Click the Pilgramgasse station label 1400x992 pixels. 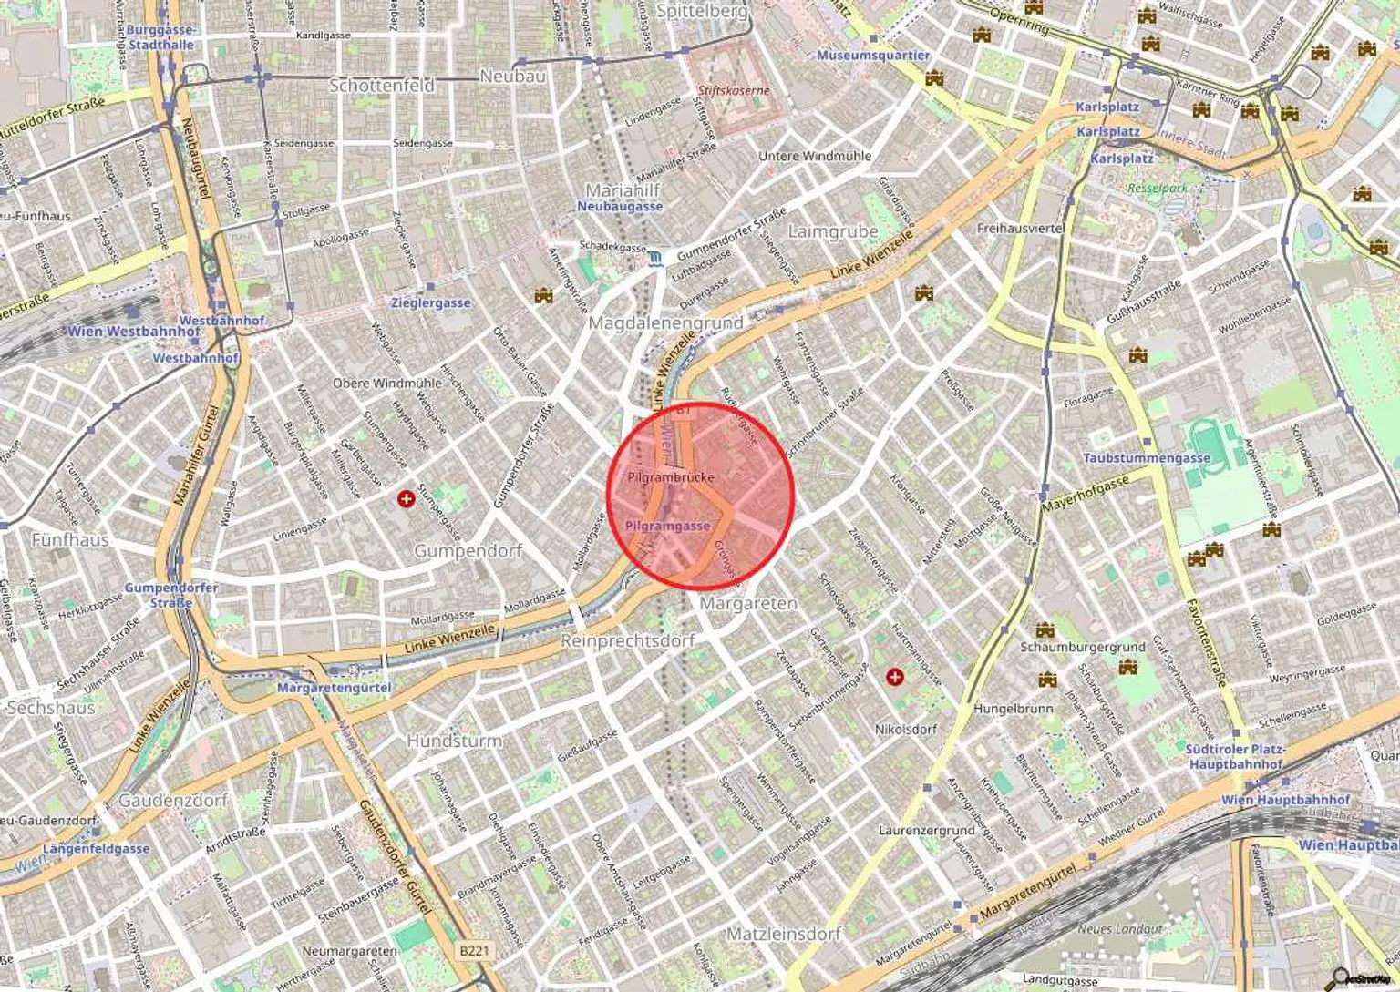click(667, 527)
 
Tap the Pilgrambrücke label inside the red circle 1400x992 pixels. click(671, 477)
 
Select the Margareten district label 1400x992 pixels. click(748, 604)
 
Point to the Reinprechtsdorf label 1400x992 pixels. click(627, 641)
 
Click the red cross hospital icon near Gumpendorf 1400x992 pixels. click(407, 498)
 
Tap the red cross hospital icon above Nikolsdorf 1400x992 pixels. click(895, 677)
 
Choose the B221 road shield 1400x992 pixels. click(474, 951)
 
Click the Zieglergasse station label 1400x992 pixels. click(430, 302)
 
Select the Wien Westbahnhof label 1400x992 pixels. click(133, 332)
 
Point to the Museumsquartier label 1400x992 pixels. click(872, 56)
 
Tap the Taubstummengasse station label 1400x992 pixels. click(1146, 458)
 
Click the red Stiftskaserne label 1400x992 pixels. click(734, 91)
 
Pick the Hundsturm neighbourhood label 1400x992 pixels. click(454, 741)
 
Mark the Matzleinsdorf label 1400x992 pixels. click(783, 935)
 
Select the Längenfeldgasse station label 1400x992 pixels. click(96, 849)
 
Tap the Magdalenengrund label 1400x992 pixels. click(665, 323)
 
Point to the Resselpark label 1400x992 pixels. click(1158, 189)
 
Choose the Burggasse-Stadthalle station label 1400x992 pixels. click(160, 37)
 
